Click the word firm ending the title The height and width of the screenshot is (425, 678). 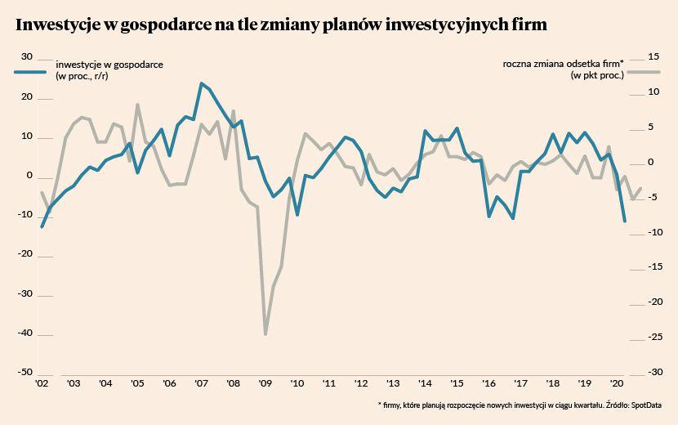tap(526, 25)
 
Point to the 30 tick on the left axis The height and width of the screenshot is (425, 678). tap(26, 56)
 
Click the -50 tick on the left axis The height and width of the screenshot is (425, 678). tap(25, 372)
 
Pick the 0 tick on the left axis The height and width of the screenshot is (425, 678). tap(29, 175)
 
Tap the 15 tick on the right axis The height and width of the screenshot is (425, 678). tap(630, 56)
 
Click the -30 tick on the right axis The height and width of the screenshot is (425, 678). tap(630, 372)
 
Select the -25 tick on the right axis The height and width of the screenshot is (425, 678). tap(630, 337)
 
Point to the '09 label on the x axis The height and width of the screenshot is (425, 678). tap(265, 382)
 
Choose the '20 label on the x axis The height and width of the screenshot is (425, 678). tap(618, 382)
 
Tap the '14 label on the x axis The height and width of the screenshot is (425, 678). tap(425, 382)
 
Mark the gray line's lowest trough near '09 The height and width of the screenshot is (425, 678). tap(265, 333)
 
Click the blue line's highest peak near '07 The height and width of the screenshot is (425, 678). tap(201, 83)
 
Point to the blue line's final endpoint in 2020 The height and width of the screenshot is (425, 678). tap(625, 221)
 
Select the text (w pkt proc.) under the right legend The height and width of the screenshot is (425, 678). tap(597, 75)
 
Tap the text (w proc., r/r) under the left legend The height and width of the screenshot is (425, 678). tap(82, 76)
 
